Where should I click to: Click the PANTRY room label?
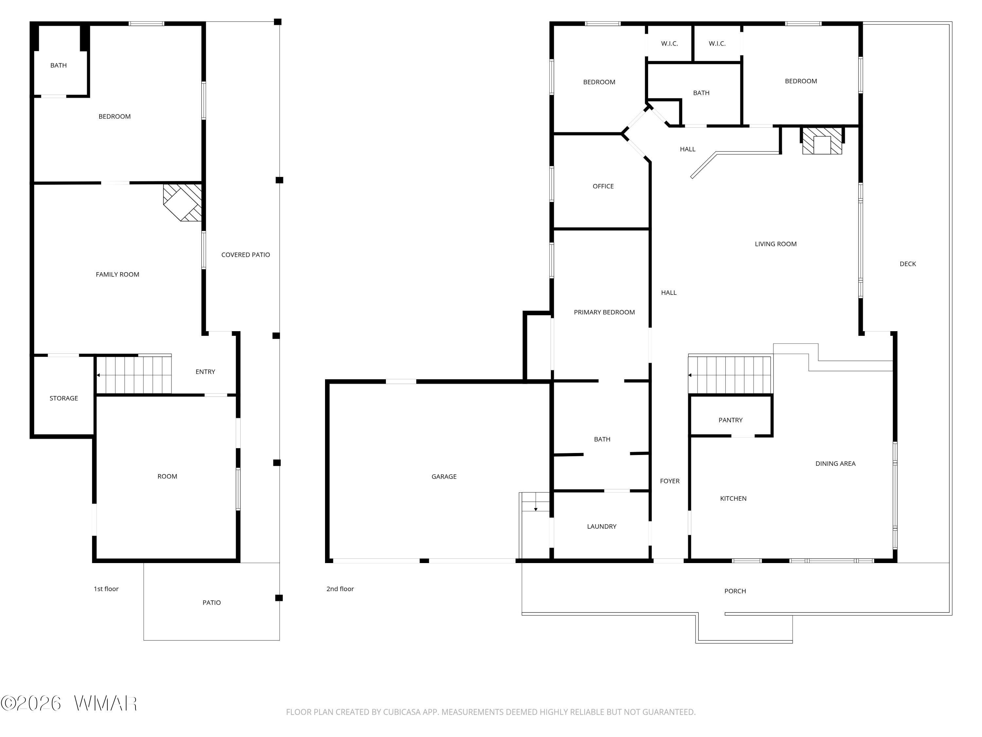coord(730,420)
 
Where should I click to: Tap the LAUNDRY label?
coord(602,526)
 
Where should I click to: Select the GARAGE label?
coord(444,477)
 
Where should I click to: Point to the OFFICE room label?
coord(603,186)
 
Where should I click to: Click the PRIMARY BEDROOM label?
coord(604,312)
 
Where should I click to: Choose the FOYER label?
coord(669,481)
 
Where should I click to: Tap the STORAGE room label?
coord(64,398)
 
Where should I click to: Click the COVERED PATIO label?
coord(245,255)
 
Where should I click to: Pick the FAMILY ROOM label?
coord(117,274)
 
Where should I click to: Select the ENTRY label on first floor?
coord(205,372)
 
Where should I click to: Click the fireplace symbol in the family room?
coord(182,202)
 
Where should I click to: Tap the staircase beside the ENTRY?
coord(134,374)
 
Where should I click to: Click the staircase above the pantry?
coord(730,374)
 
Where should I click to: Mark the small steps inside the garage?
coord(535,502)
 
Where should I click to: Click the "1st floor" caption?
coord(106,589)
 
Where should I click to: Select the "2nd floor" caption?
coord(340,589)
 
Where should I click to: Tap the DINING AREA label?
coord(835,463)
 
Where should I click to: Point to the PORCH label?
coord(735,591)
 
